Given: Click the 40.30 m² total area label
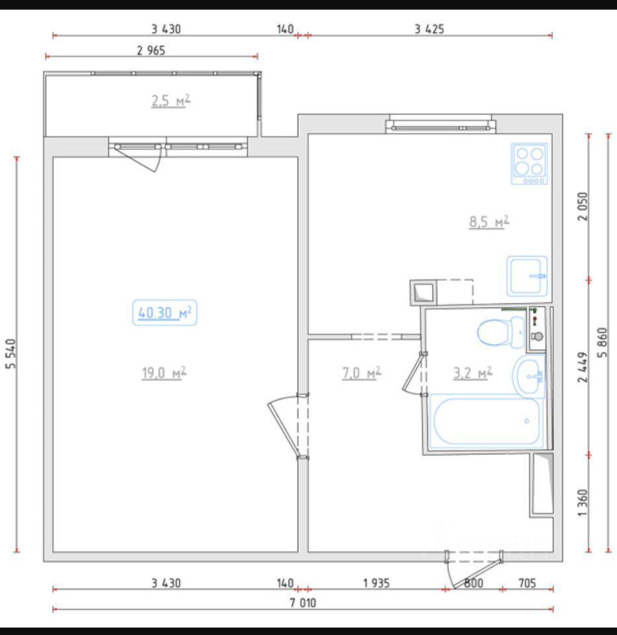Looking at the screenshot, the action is tap(165, 313).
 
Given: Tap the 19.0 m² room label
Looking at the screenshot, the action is tap(164, 372).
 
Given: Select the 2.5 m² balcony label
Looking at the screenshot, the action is tap(171, 101).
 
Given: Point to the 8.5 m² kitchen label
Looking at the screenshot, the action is tap(489, 222).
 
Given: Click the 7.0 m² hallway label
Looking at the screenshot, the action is tap(362, 372).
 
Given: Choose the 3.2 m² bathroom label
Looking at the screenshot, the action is tap(472, 372).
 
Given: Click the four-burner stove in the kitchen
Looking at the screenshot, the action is tap(529, 163).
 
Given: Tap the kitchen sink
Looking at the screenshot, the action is tap(526, 276).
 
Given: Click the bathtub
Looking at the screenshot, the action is tap(486, 421).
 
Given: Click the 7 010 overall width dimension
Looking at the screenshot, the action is tap(303, 603).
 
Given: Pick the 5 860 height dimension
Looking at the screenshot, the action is tap(602, 342).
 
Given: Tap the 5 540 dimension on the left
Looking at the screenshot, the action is tap(11, 353).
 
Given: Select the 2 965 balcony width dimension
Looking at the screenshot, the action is tap(151, 51).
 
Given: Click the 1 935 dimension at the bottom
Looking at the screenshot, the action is tap(376, 583).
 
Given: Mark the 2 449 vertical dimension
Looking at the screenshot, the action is tap(582, 367).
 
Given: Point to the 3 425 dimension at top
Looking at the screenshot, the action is tap(429, 29).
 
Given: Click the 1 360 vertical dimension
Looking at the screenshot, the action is tap(582, 503).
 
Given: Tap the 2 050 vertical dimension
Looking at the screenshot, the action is tap(582, 206).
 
